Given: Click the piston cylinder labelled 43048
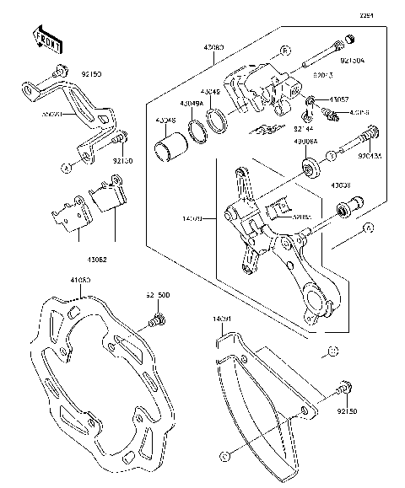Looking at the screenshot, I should click(x=170, y=152).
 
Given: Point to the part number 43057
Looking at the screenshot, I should click(x=339, y=99).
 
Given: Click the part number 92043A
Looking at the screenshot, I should click(x=369, y=155).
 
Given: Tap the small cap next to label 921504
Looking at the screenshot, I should click(x=343, y=42).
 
